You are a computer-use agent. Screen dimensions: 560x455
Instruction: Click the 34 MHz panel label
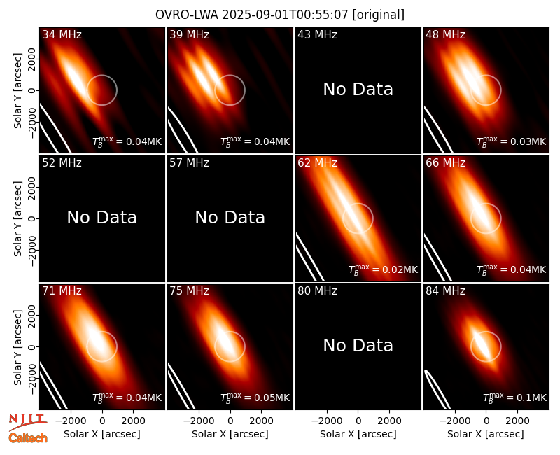tap(62, 34)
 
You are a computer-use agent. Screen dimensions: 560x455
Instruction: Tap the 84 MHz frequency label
tap(445, 290)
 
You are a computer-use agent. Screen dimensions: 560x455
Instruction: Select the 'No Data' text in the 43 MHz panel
tap(358, 90)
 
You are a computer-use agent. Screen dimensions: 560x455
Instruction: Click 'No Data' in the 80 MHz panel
tap(358, 345)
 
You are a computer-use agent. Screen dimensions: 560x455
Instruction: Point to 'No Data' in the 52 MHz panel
tap(102, 217)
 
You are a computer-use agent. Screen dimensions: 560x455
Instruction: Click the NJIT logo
tap(28, 422)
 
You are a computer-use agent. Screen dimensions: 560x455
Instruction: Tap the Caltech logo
tap(28, 438)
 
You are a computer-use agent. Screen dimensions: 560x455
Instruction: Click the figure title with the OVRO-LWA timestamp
tap(280, 15)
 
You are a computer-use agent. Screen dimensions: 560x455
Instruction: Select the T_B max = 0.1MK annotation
tap(514, 398)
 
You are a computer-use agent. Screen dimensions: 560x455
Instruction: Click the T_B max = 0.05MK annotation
tap(255, 398)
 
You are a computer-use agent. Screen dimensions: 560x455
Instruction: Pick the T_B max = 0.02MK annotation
tap(383, 269)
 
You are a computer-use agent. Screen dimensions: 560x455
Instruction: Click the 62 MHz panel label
tap(318, 163)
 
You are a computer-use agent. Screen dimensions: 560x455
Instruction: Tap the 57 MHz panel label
tap(189, 163)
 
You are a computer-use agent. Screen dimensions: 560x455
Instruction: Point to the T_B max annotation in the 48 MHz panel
tap(512, 141)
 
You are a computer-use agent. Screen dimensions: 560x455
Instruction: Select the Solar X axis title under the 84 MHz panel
tap(486, 434)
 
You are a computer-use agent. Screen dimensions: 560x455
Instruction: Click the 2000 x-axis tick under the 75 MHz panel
tap(261, 421)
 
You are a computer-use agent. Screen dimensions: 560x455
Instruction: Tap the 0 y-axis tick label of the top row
tap(32, 90)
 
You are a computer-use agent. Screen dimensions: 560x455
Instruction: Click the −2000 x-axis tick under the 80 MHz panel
tap(327, 421)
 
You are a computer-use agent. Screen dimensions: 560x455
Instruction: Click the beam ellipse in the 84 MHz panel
tap(436, 389)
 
